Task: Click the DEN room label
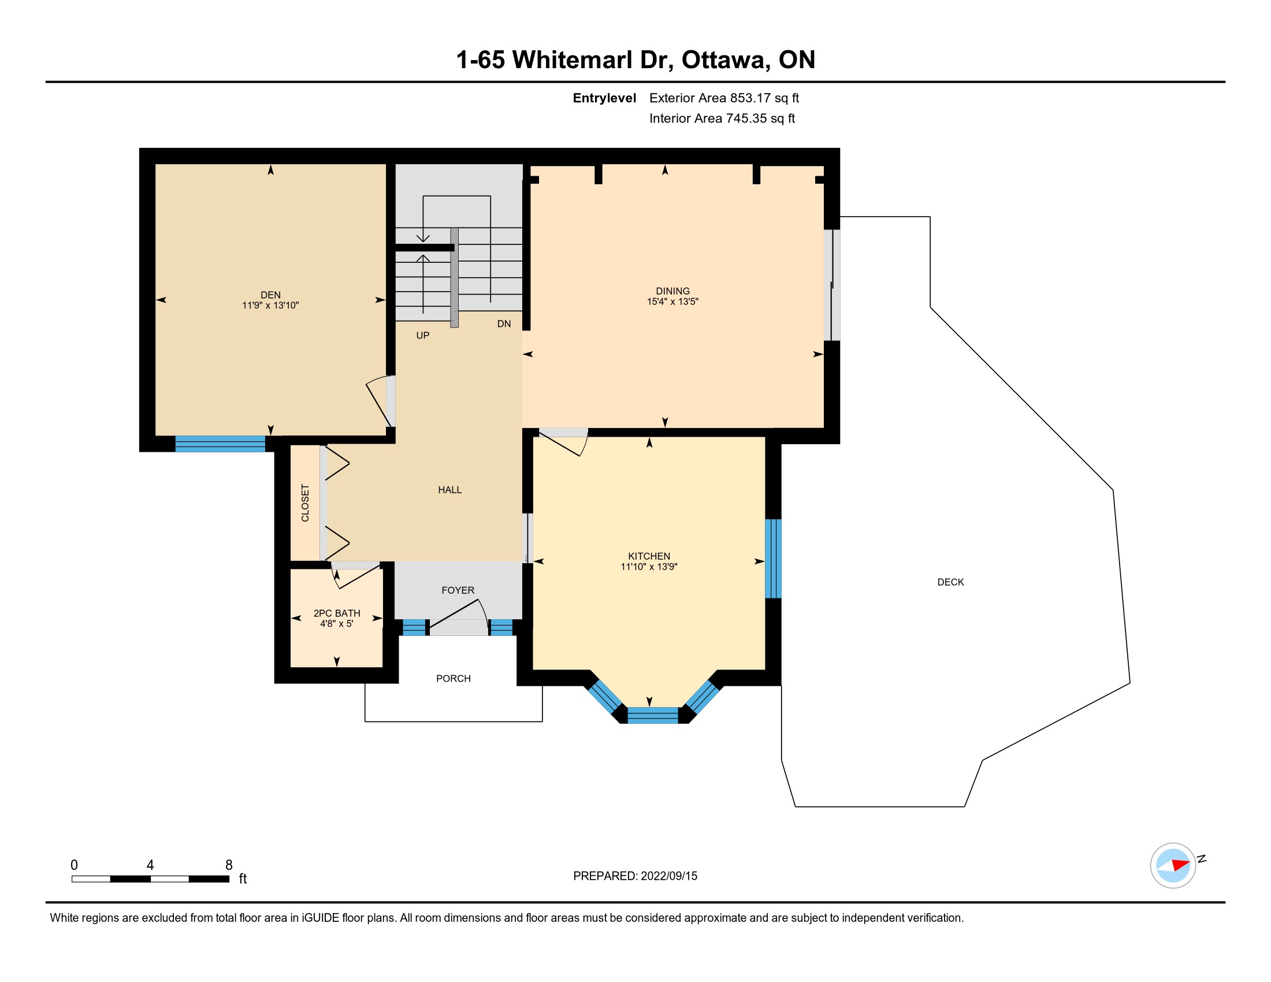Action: pyautogui.click(x=270, y=295)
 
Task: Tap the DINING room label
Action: pyautogui.click(x=672, y=291)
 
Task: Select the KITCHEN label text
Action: pyautogui.click(x=649, y=556)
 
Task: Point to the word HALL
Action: pyautogui.click(x=450, y=490)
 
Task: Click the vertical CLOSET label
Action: pyautogui.click(x=305, y=503)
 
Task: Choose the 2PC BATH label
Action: pyautogui.click(x=337, y=613)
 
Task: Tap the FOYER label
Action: pyautogui.click(x=458, y=590)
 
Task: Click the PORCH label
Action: pyautogui.click(x=454, y=678)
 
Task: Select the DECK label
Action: pyautogui.click(x=950, y=582)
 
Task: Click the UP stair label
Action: pyautogui.click(x=422, y=335)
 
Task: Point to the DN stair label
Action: pyautogui.click(x=504, y=323)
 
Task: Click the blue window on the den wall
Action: pyautogui.click(x=220, y=444)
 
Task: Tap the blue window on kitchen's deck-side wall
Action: pyautogui.click(x=773, y=559)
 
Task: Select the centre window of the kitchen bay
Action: pyautogui.click(x=653, y=715)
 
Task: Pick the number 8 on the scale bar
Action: pyautogui.click(x=229, y=865)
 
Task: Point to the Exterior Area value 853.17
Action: pyautogui.click(x=750, y=98)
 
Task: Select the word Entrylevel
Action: pyautogui.click(x=604, y=98)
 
